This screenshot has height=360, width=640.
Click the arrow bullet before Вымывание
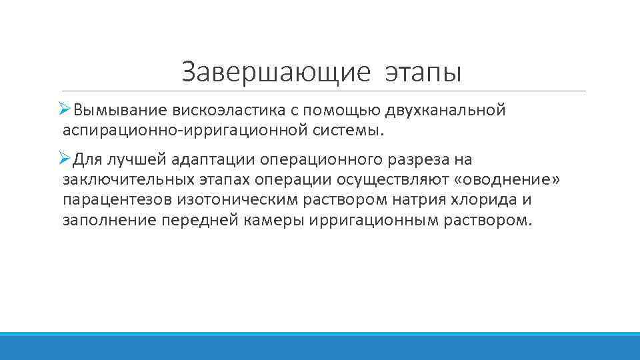coord(65,109)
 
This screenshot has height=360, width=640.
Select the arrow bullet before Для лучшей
coord(65,159)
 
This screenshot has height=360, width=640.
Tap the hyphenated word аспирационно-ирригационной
coord(184,130)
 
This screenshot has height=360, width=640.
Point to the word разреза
coord(413,160)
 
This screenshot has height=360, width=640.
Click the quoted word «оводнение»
coord(506,180)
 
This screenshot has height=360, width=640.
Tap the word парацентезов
coord(119,201)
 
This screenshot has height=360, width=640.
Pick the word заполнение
coord(109,221)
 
